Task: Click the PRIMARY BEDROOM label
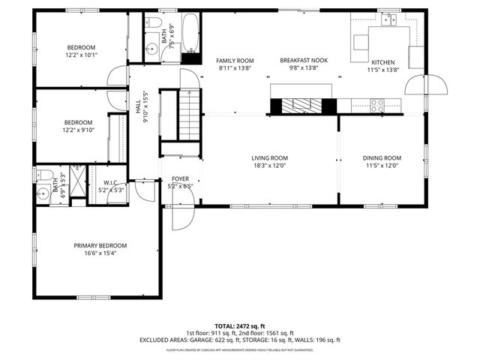[100, 245]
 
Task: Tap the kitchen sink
[388, 21]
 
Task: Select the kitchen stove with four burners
[376, 105]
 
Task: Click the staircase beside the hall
[190, 112]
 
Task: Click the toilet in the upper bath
[151, 22]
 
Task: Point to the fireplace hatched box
[304, 106]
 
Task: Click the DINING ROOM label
[382, 158]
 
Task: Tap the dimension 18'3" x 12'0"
[269, 166]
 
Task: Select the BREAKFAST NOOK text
[304, 60]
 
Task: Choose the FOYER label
[180, 178]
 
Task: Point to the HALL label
[138, 109]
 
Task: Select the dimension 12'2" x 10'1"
[82, 54]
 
